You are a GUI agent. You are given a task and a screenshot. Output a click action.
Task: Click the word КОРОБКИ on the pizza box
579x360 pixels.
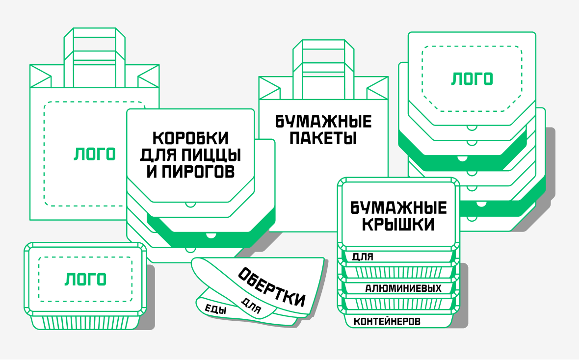pyautogui.click(x=191, y=138)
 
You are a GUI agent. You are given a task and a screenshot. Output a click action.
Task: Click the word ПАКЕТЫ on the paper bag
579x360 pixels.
pyautogui.click(x=322, y=138)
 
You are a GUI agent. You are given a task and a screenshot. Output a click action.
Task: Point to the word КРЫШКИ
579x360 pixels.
pyautogui.click(x=398, y=225)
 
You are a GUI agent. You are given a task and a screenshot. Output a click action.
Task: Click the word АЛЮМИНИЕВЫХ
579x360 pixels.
pyautogui.click(x=403, y=288)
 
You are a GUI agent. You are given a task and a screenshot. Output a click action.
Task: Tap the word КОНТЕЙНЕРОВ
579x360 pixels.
pyautogui.click(x=387, y=322)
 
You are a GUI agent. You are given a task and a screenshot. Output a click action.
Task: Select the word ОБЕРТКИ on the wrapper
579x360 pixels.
pyautogui.click(x=271, y=287)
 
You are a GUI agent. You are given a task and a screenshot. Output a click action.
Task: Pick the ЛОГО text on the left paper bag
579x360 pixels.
pyautogui.click(x=95, y=154)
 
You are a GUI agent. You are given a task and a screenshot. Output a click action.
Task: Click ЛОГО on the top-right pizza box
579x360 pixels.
pyautogui.click(x=472, y=78)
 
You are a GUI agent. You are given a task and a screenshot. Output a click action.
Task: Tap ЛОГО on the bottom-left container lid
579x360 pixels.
pyautogui.click(x=85, y=279)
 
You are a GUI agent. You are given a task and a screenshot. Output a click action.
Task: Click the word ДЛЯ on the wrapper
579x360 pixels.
pyautogui.click(x=251, y=306)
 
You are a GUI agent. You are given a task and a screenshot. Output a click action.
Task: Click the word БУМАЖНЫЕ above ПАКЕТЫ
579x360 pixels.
pyautogui.click(x=323, y=121)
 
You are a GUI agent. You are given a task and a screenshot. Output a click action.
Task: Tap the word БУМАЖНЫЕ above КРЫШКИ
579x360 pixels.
pyautogui.click(x=398, y=208)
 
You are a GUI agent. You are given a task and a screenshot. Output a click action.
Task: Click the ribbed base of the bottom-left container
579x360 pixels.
pyautogui.click(x=84, y=323)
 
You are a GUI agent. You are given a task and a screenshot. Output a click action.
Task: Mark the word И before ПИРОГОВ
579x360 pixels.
pyautogui.click(x=152, y=172)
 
